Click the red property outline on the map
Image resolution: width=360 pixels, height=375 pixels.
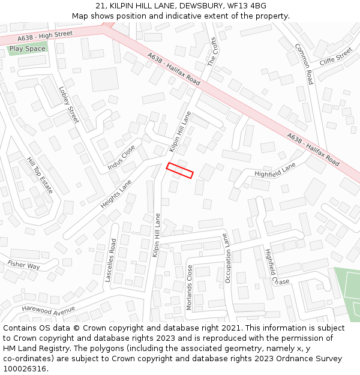pos(179,170)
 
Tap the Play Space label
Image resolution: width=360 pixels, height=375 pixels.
pos(28,49)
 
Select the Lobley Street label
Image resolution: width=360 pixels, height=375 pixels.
pos(69,104)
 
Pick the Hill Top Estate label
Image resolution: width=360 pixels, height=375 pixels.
pos(40,175)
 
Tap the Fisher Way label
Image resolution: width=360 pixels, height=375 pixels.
pos(23,265)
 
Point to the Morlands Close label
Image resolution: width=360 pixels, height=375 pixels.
pos(189,287)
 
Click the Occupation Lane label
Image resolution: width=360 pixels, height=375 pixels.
pos(227,258)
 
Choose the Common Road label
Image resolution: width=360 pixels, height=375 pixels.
pos(304,64)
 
